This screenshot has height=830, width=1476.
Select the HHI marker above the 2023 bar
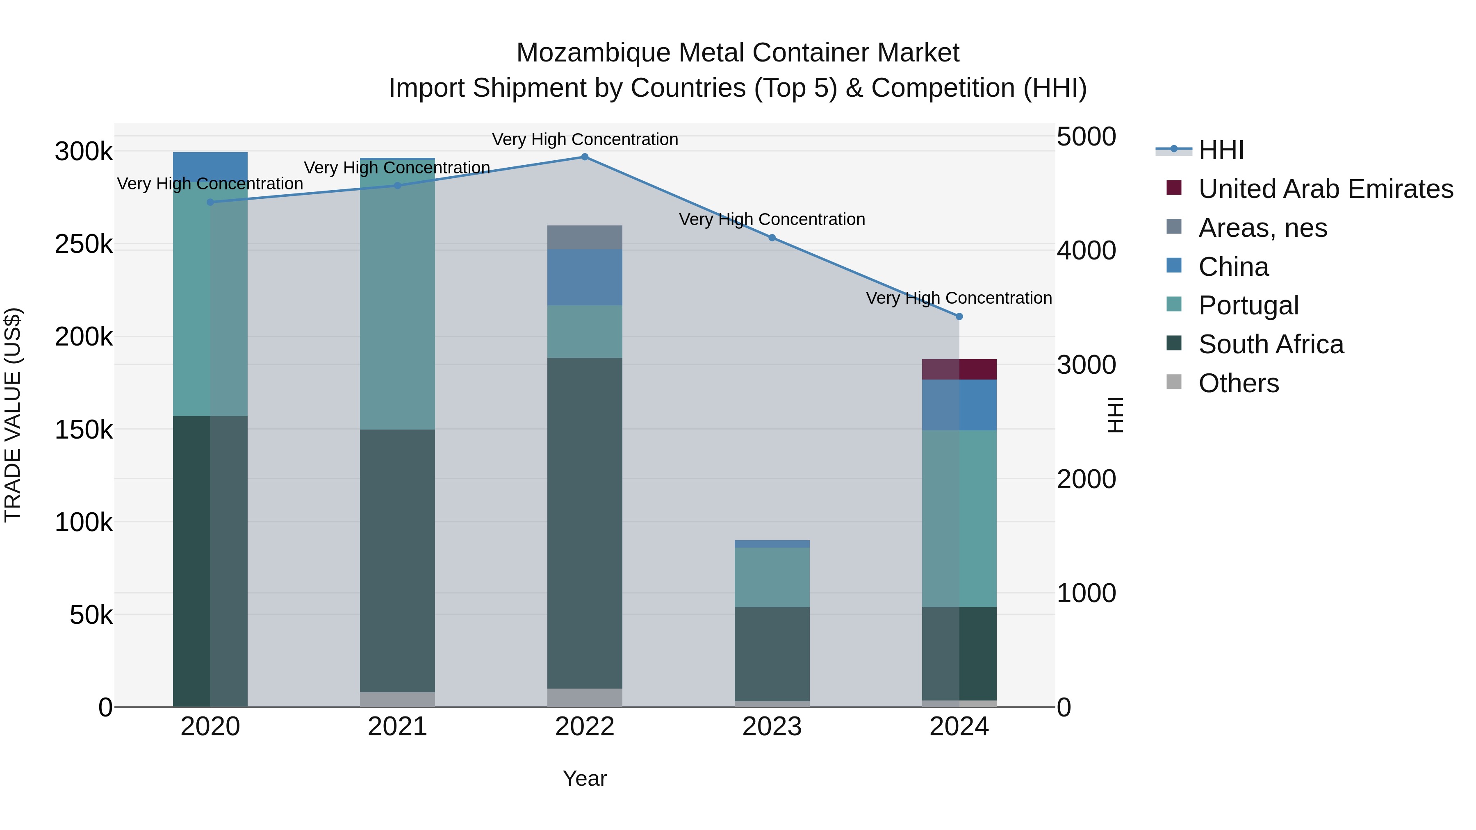click(x=772, y=238)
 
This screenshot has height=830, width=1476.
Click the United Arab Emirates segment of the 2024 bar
click(x=959, y=369)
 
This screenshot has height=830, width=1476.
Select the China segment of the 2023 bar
click(x=772, y=543)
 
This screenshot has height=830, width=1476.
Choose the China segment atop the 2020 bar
click(x=210, y=165)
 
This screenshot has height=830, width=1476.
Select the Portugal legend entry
click(x=1248, y=305)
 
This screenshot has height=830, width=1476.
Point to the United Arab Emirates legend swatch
click(x=1173, y=188)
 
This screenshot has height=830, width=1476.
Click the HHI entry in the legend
click(x=1221, y=150)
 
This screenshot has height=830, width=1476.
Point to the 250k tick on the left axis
click(x=84, y=245)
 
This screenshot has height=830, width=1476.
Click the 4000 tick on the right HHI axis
click(x=1086, y=251)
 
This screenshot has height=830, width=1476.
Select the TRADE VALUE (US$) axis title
click(x=13, y=415)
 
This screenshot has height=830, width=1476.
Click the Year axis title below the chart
click(x=584, y=778)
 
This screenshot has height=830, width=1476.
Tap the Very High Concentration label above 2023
click(x=772, y=219)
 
